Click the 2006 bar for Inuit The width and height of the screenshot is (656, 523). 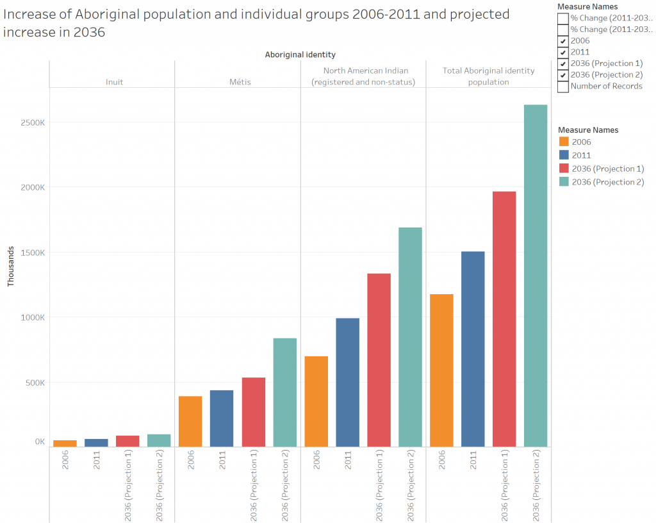point(65,444)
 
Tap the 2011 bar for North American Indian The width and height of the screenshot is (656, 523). point(347,382)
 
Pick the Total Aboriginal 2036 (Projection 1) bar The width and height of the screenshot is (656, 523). point(504,319)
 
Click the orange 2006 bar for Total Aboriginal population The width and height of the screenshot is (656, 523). point(441,370)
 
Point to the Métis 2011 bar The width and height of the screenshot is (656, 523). point(222,418)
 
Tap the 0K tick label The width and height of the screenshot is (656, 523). point(40,442)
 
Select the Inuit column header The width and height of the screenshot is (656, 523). point(115,82)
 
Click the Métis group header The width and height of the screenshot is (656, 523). point(241,82)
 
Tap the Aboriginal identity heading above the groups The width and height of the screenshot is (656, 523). point(300,55)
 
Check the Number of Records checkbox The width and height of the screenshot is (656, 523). point(562,87)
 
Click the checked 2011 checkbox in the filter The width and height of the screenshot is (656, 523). point(562,52)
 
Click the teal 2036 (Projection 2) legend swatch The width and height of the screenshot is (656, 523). point(564,182)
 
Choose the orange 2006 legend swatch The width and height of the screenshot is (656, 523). point(564,142)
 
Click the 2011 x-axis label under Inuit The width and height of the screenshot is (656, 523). point(97,461)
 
